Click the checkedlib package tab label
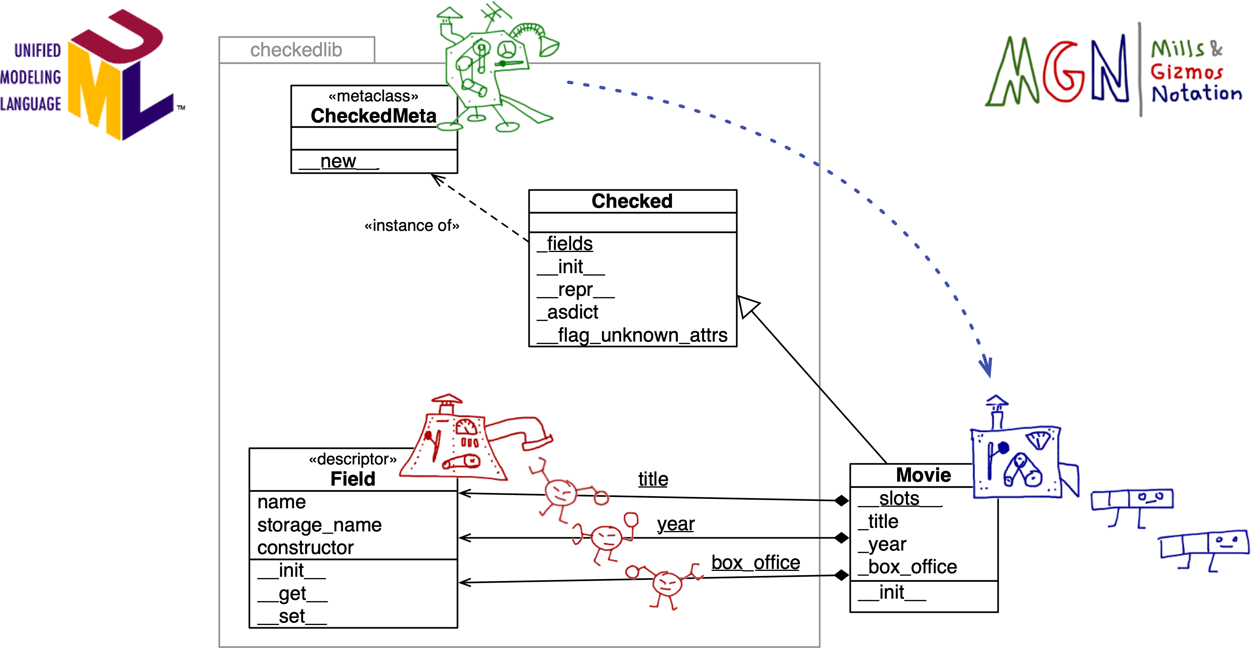click(x=296, y=50)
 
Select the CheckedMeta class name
click(x=374, y=115)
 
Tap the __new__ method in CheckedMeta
click(x=338, y=161)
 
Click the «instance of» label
click(x=412, y=225)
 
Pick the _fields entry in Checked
click(x=565, y=243)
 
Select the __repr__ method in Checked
click(x=575, y=290)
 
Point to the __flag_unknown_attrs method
click(x=632, y=335)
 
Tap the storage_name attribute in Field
click(x=319, y=525)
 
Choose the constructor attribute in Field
click(x=305, y=548)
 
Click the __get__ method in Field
click(x=292, y=594)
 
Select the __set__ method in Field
click(x=292, y=616)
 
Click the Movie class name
click(x=923, y=475)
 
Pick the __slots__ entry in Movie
click(x=899, y=499)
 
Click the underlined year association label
click(x=676, y=524)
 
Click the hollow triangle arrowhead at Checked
click(x=746, y=305)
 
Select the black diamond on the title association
click(x=841, y=500)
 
